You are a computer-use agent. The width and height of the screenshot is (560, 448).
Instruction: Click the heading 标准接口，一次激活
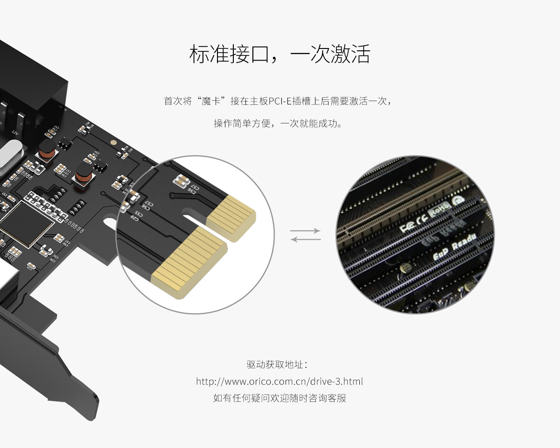point(280,55)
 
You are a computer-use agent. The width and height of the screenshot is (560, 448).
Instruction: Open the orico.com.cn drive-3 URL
point(280,381)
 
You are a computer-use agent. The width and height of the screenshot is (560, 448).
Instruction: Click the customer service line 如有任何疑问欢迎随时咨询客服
point(280,398)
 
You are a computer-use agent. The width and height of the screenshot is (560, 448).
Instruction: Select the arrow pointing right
point(306,231)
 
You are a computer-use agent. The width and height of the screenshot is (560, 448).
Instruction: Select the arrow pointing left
point(306,239)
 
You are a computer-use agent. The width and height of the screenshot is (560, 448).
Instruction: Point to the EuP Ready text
point(455,247)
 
